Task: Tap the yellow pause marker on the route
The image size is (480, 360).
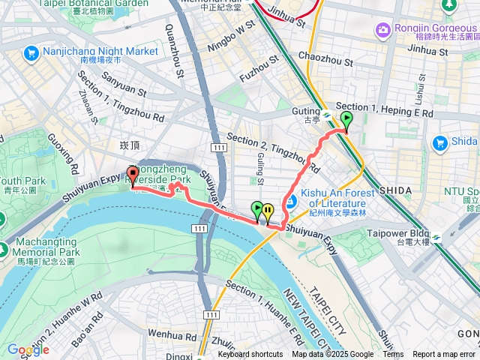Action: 267,212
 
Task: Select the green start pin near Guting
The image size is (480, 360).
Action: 346,121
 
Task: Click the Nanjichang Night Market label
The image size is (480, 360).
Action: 101,52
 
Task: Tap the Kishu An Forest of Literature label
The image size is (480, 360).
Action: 333,199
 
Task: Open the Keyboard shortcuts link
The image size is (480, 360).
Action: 250,355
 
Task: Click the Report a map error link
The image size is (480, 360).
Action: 444,355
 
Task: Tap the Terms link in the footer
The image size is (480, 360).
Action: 393,355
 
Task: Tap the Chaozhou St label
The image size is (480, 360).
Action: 325,56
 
